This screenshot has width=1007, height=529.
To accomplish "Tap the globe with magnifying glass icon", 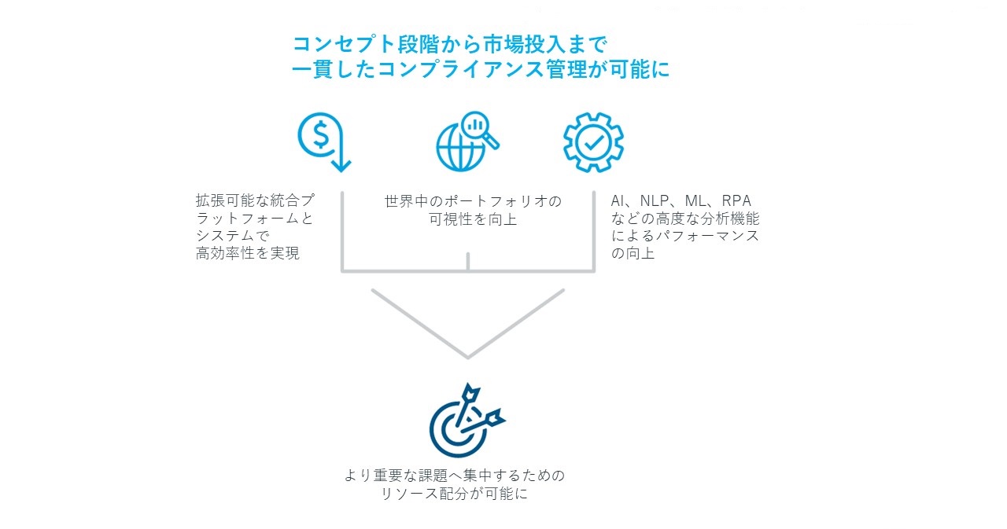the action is pyautogui.click(x=467, y=141).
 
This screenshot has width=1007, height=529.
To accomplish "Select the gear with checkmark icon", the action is pyautogui.click(x=593, y=142).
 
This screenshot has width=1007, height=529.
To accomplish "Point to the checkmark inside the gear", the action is pyautogui.click(x=594, y=142).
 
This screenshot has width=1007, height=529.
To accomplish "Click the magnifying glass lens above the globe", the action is pyautogui.click(x=475, y=125).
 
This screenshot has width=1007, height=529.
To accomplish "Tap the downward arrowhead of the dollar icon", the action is pyautogui.click(x=341, y=164).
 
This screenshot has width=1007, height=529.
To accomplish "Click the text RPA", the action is pyautogui.click(x=736, y=200).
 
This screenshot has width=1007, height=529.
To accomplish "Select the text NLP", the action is pyautogui.click(x=655, y=200).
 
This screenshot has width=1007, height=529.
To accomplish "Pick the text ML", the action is pyautogui.click(x=695, y=200).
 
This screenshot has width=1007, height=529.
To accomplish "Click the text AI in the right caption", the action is pyautogui.click(x=618, y=200).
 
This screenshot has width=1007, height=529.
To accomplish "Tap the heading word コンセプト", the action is pyautogui.click(x=344, y=45).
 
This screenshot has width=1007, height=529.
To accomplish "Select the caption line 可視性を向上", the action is pyautogui.click(x=473, y=219).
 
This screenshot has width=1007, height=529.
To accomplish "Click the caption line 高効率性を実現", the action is pyautogui.click(x=247, y=253).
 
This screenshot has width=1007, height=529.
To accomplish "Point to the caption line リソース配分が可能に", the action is pyautogui.click(x=454, y=494).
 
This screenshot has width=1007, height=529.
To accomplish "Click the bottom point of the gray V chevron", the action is pyautogui.click(x=468, y=358).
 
